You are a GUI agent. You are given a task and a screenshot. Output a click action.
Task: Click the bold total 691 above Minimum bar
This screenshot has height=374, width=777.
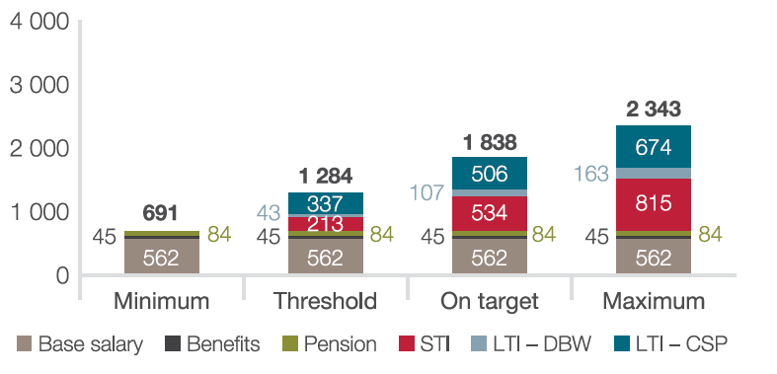pos(160,213)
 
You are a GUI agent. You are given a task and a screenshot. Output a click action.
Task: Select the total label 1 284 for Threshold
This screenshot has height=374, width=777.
pos(326,177)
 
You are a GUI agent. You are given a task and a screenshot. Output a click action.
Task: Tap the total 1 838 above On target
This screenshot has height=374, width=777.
pos(490,143)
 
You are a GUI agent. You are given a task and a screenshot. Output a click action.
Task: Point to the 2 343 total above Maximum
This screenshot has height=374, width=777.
pos(654,110)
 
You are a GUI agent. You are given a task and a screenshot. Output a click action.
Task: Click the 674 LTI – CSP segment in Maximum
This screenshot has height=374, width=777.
pos(654,147)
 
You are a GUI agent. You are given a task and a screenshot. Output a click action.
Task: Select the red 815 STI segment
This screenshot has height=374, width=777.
pos(654,204)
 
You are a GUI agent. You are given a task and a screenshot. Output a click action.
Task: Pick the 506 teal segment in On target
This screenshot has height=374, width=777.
pos(490,174)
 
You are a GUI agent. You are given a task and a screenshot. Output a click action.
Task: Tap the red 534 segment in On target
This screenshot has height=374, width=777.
pos(490,213)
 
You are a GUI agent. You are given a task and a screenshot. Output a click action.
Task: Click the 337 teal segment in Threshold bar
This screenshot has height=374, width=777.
pos(326,203)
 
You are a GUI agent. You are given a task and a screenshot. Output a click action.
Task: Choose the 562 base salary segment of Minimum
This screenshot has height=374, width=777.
pos(162,257)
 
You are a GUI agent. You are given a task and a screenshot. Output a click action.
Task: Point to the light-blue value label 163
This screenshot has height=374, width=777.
pos(591,175)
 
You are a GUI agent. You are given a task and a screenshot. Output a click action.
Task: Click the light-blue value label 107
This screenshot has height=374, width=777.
pos(427,192)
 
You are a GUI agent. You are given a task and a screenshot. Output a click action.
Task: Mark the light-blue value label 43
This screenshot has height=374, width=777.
pos(269,213)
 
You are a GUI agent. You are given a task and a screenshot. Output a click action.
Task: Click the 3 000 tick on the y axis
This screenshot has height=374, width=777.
pos(39,86)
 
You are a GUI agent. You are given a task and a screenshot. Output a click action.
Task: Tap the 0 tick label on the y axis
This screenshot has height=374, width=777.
pos(62,276)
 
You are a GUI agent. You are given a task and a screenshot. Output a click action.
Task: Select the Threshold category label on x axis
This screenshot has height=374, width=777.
pos(325,301)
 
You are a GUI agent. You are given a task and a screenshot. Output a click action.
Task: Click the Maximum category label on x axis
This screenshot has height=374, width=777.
pos(654,301)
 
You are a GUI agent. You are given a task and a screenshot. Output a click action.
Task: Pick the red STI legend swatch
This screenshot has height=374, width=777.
pos(407,343)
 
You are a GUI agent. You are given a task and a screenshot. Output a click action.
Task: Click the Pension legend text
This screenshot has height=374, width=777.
pos(341,343)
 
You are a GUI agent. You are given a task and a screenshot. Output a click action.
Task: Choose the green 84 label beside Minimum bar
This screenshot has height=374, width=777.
pos(219,234)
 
